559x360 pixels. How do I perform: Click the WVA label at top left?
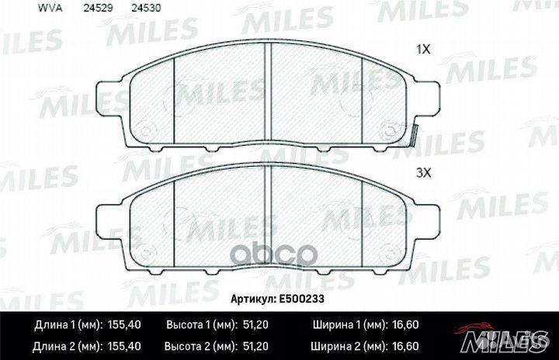click(50, 8)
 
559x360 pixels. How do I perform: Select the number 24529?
click(98, 8)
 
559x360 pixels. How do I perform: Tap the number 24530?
click(146, 8)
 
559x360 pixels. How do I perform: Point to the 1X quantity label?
click(424, 49)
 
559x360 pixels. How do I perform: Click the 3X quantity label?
click(424, 173)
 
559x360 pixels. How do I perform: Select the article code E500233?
click(301, 299)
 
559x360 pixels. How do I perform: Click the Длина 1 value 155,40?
click(124, 325)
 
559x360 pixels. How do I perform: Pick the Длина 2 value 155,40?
click(124, 346)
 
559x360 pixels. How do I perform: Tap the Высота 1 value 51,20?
click(255, 325)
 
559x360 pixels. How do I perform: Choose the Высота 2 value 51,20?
click(255, 346)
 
